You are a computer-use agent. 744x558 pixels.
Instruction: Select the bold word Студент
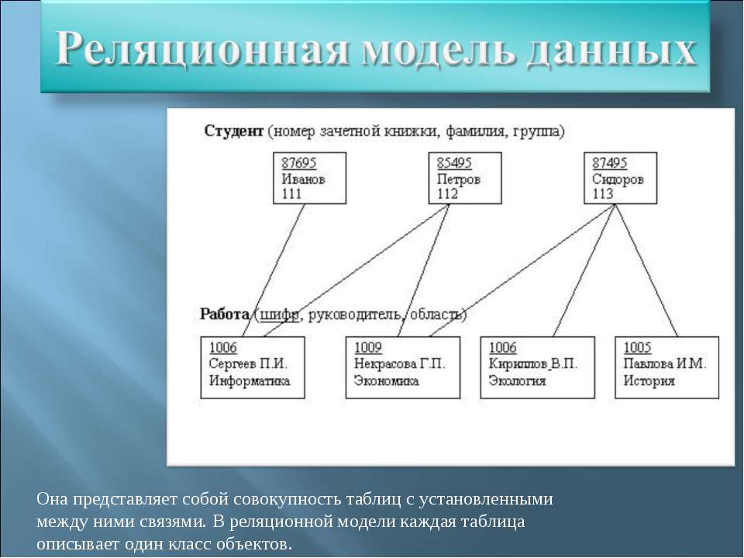[233, 130]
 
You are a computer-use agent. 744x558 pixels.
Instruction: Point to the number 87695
[299, 163]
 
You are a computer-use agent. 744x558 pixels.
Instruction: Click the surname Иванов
[303, 179]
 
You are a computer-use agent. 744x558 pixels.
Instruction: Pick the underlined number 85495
[454, 163]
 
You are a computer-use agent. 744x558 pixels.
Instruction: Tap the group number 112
[447, 194]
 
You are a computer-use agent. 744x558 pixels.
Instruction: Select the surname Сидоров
[618, 179]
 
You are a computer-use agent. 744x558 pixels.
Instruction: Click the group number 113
[603, 194]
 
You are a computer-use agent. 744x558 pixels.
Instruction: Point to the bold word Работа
[225, 314]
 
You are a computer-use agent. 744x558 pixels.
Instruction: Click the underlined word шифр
[279, 315]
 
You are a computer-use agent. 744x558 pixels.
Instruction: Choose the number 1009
[367, 347]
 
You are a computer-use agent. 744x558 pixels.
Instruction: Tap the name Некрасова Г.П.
[400, 364]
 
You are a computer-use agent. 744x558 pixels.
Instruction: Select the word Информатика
[249, 381]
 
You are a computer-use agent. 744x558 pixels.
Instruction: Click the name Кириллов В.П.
[533, 364]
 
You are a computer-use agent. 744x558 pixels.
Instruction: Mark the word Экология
[517, 381]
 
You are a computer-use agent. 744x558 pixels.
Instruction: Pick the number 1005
[637, 347]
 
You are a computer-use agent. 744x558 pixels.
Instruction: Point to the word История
[649, 381]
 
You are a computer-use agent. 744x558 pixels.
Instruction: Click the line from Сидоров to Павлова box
[646, 270]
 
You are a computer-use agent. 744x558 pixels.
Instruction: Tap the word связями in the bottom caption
[173, 522]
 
